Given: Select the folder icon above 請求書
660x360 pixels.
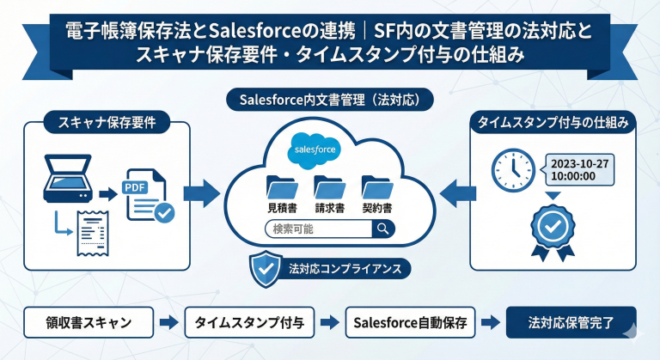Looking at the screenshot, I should (329, 186).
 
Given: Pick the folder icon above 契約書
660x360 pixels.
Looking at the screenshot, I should (376, 186).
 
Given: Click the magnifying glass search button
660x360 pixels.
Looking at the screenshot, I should (381, 229).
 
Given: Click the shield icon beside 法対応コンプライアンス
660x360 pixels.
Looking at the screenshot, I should (262, 268).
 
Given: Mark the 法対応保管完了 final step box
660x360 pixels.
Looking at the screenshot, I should (571, 323).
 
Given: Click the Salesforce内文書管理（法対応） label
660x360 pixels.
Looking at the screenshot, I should (330, 99).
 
